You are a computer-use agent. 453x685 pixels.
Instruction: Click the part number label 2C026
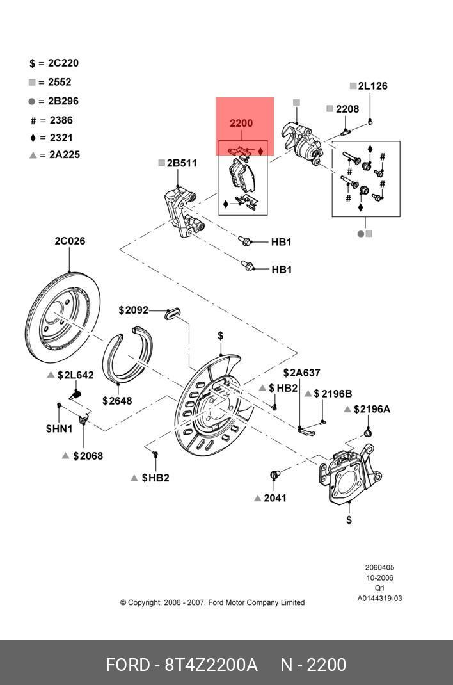click(x=70, y=241)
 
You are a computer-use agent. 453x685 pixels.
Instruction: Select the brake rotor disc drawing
click(x=63, y=318)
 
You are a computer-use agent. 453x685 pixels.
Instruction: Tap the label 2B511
click(x=182, y=163)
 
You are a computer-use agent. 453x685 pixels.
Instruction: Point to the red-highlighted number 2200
click(x=241, y=124)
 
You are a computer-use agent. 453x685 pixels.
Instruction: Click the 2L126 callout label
click(x=372, y=86)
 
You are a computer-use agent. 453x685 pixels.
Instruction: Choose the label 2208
click(x=347, y=109)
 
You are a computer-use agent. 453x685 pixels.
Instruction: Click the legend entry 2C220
click(x=63, y=63)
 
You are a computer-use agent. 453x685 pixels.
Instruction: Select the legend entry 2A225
click(x=65, y=155)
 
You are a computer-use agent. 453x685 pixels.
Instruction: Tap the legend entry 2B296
click(x=63, y=101)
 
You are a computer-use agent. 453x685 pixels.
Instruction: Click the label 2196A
click(x=372, y=409)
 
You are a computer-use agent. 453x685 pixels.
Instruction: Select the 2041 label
click(x=275, y=498)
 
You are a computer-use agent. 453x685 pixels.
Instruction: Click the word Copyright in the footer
click(x=144, y=603)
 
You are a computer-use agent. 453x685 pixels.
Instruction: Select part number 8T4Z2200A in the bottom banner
click(x=211, y=665)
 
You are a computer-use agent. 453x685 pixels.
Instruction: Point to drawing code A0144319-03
click(x=379, y=599)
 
